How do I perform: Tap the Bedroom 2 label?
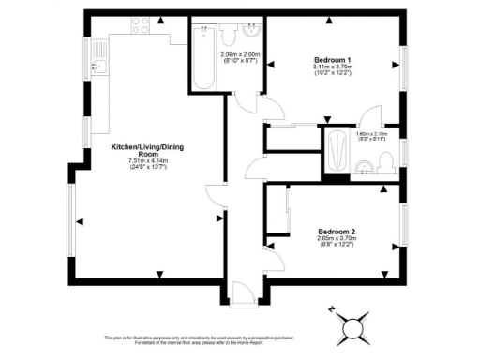point(337,231)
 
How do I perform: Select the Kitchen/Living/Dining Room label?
point(145,153)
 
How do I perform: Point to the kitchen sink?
point(100,67)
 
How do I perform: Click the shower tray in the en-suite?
point(336,150)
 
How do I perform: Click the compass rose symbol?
point(354,329)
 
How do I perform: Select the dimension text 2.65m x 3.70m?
point(337,238)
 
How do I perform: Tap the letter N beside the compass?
point(331,310)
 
